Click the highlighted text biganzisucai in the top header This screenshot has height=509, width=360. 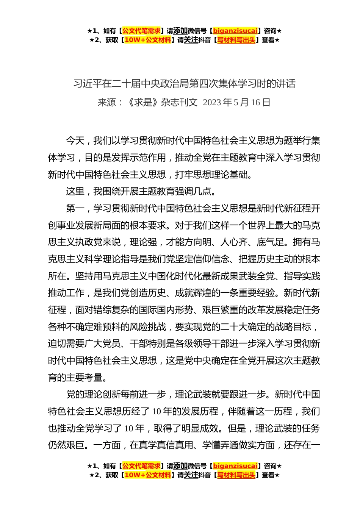(235, 31)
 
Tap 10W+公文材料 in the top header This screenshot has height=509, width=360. (147, 40)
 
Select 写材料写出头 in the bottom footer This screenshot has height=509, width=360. (236, 475)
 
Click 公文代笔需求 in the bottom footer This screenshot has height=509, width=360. (141, 466)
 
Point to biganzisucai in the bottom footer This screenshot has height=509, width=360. (235, 466)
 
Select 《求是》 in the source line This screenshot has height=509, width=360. (142, 102)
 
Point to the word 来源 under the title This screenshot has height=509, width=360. (107, 102)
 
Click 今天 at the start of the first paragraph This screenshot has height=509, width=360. (75, 141)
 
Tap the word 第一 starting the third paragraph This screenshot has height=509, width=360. (75, 209)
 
